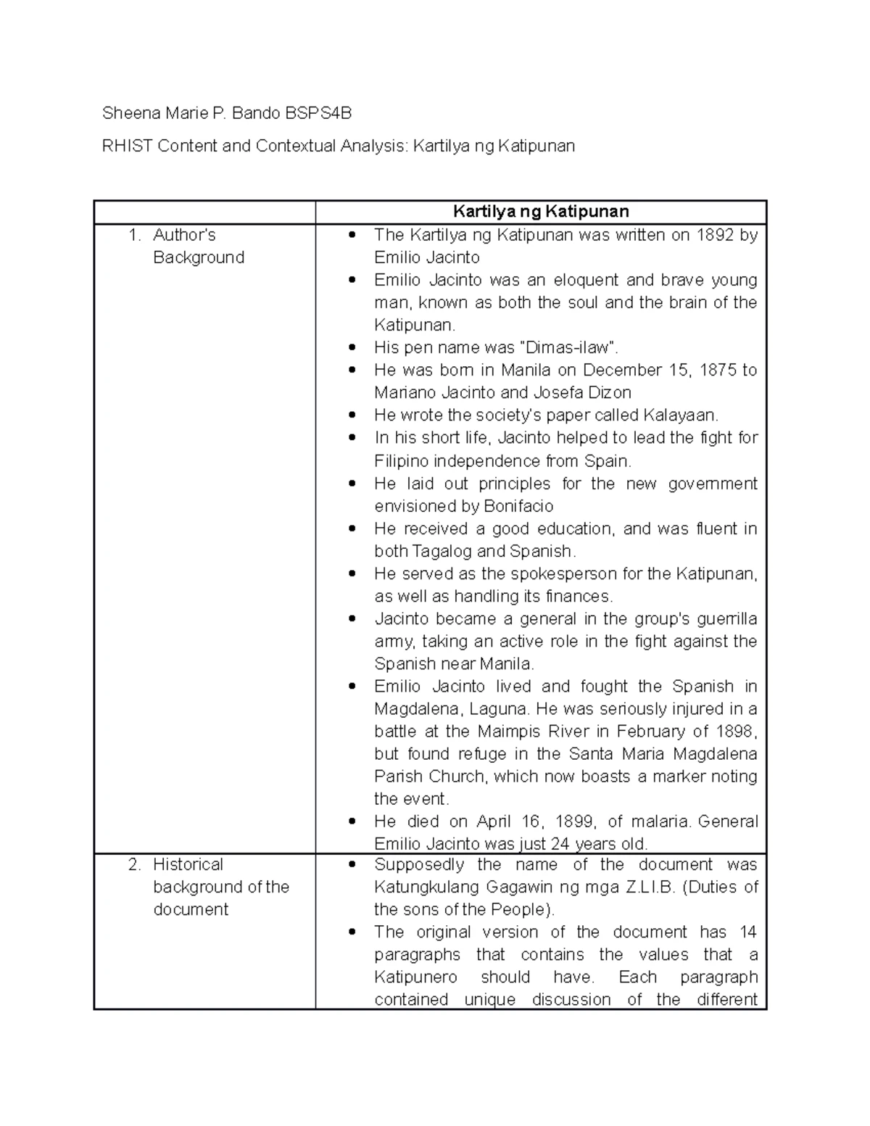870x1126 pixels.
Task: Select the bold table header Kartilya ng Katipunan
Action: (x=540, y=212)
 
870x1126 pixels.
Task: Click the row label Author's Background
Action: (x=198, y=246)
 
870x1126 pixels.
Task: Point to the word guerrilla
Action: (x=726, y=618)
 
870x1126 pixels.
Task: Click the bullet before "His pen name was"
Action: (x=352, y=347)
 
